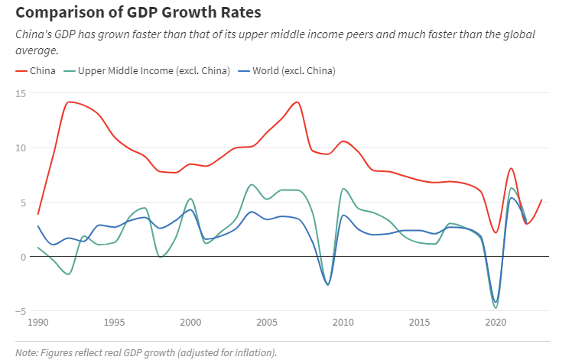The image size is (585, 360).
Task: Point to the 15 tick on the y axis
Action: (x=21, y=93)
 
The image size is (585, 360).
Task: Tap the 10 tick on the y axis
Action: (x=21, y=148)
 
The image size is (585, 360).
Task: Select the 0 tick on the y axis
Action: (x=23, y=257)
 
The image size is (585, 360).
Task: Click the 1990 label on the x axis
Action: (x=38, y=323)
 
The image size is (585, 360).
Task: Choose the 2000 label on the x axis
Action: (x=190, y=323)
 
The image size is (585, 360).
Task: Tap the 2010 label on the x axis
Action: (x=343, y=323)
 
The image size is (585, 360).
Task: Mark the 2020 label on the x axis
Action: (x=496, y=323)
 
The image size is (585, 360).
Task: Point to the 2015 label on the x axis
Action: (x=420, y=323)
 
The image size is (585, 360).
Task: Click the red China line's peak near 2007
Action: (x=297, y=102)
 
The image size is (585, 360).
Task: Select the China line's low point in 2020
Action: (x=496, y=232)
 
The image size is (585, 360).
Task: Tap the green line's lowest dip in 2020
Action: (x=496, y=308)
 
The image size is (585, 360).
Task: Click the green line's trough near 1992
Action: (x=68, y=274)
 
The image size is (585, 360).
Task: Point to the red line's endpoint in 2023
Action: (x=541, y=199)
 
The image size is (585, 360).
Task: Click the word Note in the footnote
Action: (x=27, y=352)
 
